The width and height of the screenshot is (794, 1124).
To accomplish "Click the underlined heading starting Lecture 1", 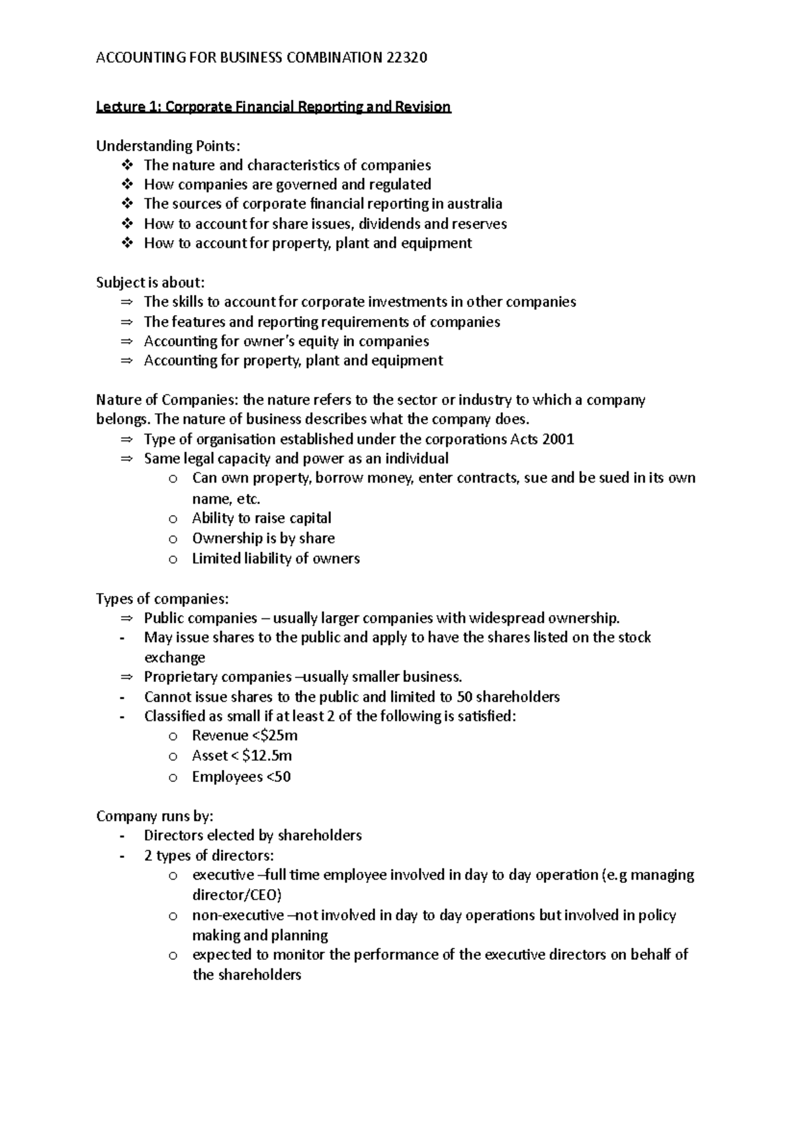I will [273, 107].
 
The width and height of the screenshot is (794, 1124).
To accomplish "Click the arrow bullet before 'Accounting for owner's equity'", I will [127, 342].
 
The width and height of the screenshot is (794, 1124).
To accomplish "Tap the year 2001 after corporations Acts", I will [558, 440].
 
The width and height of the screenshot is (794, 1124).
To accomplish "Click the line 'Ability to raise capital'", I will [261, 518].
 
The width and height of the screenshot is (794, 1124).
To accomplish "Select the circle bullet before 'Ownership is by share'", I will [173, 539].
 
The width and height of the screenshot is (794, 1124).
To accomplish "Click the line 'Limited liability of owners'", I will [275, 559].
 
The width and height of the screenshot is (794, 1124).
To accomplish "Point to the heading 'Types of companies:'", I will [163, 599].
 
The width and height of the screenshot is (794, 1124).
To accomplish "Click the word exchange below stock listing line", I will [175, 658].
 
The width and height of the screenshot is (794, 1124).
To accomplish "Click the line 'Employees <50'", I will [241, 777].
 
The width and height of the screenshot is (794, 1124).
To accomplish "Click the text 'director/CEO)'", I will [236, 896].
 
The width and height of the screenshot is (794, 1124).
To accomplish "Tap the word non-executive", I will [238, 916].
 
